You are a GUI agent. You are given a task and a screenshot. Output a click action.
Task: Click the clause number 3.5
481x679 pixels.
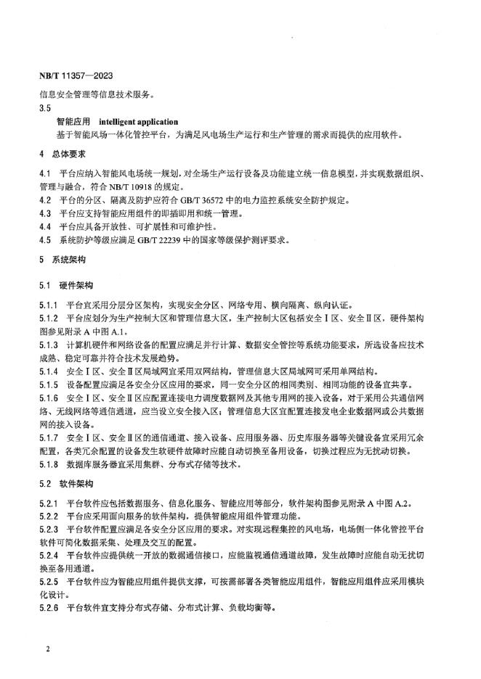pos(45,107)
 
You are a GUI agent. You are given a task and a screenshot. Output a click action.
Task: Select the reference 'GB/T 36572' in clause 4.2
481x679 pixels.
pos(209,199)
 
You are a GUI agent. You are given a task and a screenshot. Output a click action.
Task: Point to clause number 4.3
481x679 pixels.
pos(45,213)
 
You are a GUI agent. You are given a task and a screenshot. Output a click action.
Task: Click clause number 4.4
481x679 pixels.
pos(45,226)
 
